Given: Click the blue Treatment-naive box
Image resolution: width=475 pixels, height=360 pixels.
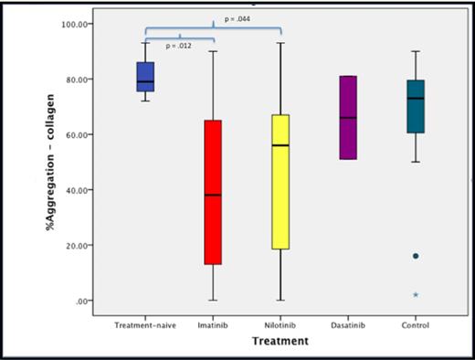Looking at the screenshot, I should tap(145, 77).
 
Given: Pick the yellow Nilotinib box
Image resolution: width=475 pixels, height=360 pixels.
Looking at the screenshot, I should tap(281, 182).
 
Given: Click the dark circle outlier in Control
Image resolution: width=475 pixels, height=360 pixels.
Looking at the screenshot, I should tap(416, 256).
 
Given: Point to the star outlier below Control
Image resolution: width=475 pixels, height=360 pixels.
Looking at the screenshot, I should tap(416, 294).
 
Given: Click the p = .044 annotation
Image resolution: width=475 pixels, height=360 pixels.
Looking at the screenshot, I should tap(237, 19).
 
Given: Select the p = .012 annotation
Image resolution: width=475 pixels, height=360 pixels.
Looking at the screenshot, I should tap(179, 45).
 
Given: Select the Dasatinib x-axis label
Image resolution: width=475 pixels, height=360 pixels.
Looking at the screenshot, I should tap(348, 325).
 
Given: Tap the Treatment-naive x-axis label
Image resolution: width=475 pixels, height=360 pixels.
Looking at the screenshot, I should tap(144, 325).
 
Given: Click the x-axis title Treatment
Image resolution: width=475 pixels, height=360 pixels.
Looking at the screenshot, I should tap(281, 341).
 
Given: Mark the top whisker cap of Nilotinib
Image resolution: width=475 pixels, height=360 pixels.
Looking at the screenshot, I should tap(281, 43).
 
